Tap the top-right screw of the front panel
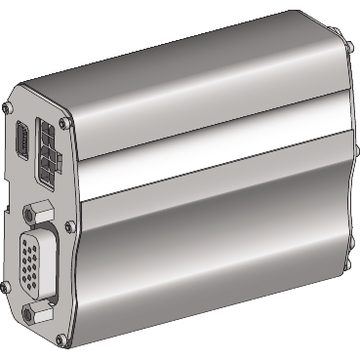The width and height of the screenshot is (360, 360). pyautogui.click(x=64, y=124)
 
